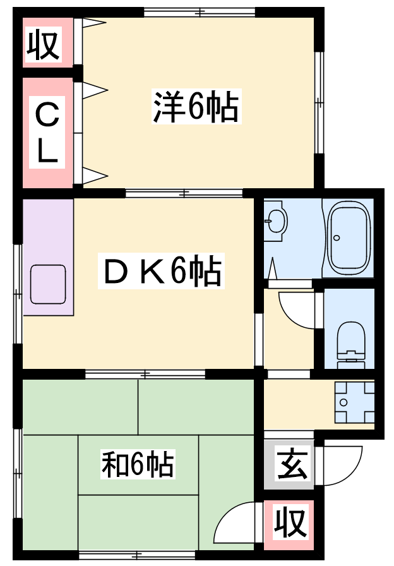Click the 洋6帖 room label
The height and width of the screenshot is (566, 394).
tap(196, 107)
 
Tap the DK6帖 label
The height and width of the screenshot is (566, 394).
tap(161, 272)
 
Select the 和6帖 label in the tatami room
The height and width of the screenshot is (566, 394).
tap(138, 464)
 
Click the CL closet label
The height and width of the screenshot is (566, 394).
tap(47, 132)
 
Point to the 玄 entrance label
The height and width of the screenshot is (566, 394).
tap(292, 466)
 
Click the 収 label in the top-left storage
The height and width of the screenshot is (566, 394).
tap(43, 46)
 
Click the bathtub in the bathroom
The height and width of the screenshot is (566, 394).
tap(349, 238)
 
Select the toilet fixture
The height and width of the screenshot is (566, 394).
tap(350, 345)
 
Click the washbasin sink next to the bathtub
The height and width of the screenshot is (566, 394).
tap(276, 222)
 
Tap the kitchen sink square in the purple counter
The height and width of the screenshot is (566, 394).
tap(48, 284)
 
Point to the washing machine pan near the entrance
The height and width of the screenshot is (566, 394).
tap(354, 402)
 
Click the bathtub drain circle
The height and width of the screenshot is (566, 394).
tap(337, 238)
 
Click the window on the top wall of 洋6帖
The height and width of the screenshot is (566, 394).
tap(200, 12)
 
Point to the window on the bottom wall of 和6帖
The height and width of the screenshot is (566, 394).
tap(137, 555)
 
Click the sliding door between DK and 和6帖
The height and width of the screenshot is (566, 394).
tap(145, 374)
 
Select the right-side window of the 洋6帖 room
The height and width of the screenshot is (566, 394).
tap(319, 103)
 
